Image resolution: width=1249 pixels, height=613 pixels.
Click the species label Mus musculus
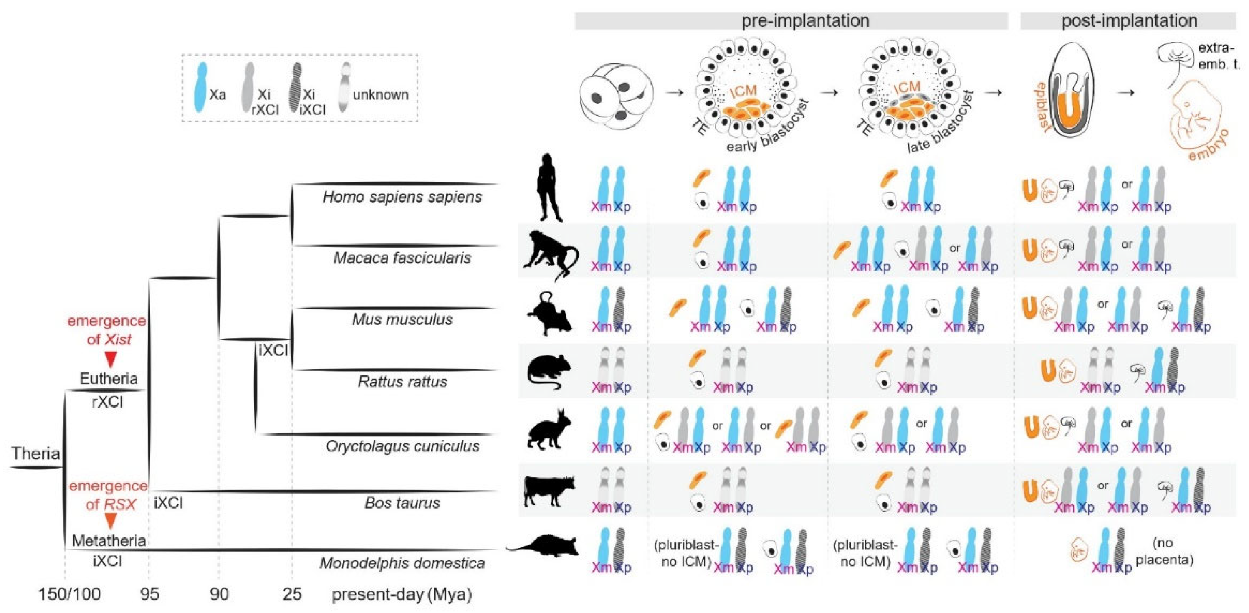pyautogui.click(x=402, y=319)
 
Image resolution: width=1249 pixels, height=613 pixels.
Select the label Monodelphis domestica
pyautogui.click(x=402, y=562)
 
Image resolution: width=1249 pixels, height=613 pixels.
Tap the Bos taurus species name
pyautogui.click(x=402, y=502)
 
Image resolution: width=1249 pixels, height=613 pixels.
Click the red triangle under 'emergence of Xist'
pyautogui.click(x=111, y=360)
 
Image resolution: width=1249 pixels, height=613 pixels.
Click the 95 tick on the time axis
pyautogui.click(x=149, y=594)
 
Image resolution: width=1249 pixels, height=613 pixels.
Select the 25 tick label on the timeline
pyautogui.click(x=292, y=594)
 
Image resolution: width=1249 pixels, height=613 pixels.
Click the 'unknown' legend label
pyautogui.click(x=380, y=94)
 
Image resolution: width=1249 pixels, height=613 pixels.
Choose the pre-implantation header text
pyautogui.click(x=805, y=21)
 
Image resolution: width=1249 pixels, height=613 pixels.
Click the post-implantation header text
pyautogui.click(x=1129, y=21)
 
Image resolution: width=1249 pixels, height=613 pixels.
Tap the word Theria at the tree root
pyautogui.click(x=36, y=453)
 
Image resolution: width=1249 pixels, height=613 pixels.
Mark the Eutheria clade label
pyautogui.click(x=109, y=378)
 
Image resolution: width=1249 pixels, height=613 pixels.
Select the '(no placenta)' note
pyautogui.click(x=1164, y=552)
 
